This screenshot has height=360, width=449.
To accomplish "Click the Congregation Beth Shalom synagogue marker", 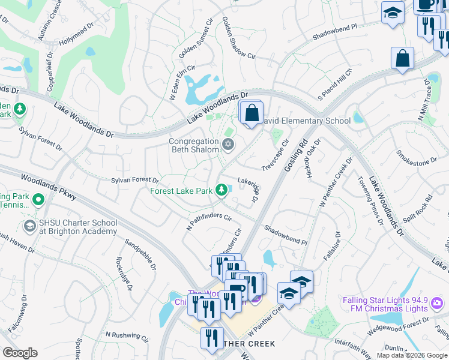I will coord(228,144).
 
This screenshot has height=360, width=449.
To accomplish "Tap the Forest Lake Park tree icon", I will coord(221,191).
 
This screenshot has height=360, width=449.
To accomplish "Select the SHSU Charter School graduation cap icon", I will coord(29,226).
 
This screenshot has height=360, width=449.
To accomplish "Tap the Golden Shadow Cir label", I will coord(238,37).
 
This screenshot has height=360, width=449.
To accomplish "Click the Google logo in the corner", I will coord(19,353).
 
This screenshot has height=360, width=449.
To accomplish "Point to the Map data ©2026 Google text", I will coord(411,355).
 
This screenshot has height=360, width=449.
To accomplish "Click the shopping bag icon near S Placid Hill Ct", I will coord(402,59).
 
